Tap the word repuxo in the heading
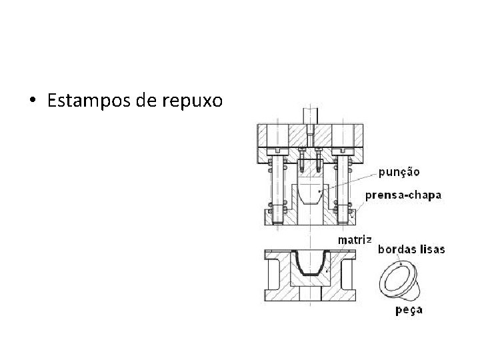click(194, 101)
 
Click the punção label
click(399, 171)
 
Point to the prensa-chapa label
click(403, 195)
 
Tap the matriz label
click(355, 239)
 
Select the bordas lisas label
click(411, 250)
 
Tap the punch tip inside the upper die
click(310, 195)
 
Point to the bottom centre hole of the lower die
click(310, 294)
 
